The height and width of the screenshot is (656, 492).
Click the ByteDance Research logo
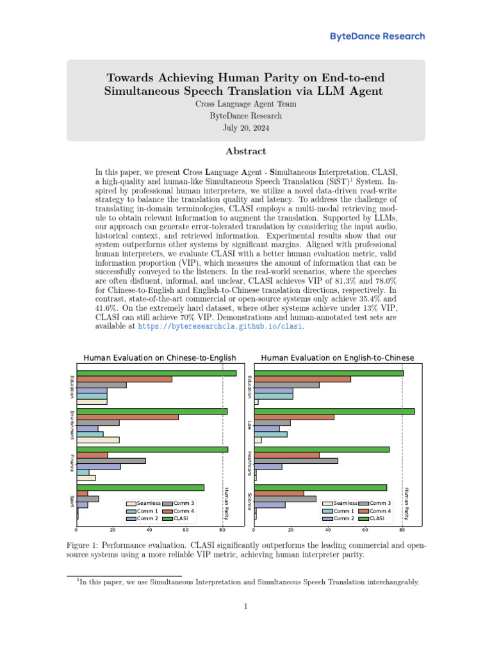(x=377, y=37)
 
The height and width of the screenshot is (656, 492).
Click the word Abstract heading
(x=245, y=151)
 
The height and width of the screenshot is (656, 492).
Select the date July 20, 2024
(x=245, y=127)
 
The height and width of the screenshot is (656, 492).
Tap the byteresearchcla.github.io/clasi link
(x=219, y=326)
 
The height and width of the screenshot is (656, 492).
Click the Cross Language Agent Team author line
(x=245, y=104)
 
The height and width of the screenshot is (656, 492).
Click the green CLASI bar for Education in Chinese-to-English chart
(x=156, y=373)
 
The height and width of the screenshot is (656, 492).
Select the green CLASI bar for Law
(x=334, y=411)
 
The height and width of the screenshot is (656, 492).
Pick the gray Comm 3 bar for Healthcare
(x=296, y=460)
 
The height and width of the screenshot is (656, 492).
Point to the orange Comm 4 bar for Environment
(x=127, y=417)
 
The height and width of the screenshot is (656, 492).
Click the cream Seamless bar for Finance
(x=86, y=478)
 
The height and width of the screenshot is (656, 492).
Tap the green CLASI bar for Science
(x=320, y=488)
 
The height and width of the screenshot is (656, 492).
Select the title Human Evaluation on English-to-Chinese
(x=337, y=357)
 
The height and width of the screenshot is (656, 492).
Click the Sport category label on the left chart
(x=72, y=499)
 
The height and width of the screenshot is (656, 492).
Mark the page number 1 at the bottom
(x=245, y=607)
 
